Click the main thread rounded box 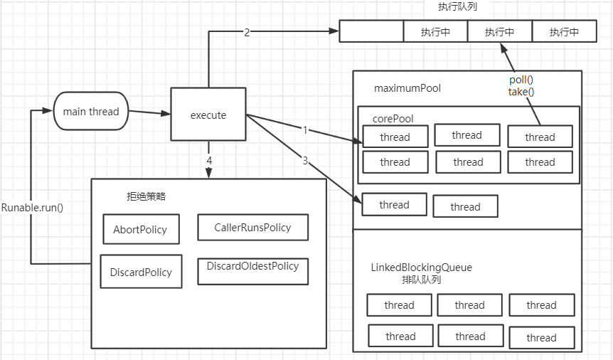coord(91,112)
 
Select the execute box coord(208,115)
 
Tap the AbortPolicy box coord(140,229)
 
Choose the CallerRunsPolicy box coord(252,227)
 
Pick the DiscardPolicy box coord(141,272)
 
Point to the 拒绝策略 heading coord(145,196)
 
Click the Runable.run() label coord(33,208)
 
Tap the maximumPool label coord(407,89)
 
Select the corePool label coord(393,119)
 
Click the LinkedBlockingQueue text coord(421,268)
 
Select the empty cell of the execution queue coord(371,32)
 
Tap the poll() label coord(521,80)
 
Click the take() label coord(521,91)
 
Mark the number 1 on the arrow coord(305,130)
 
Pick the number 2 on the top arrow coord(247,32)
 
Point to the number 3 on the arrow coord(305,161)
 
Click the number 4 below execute coord(209,161)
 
